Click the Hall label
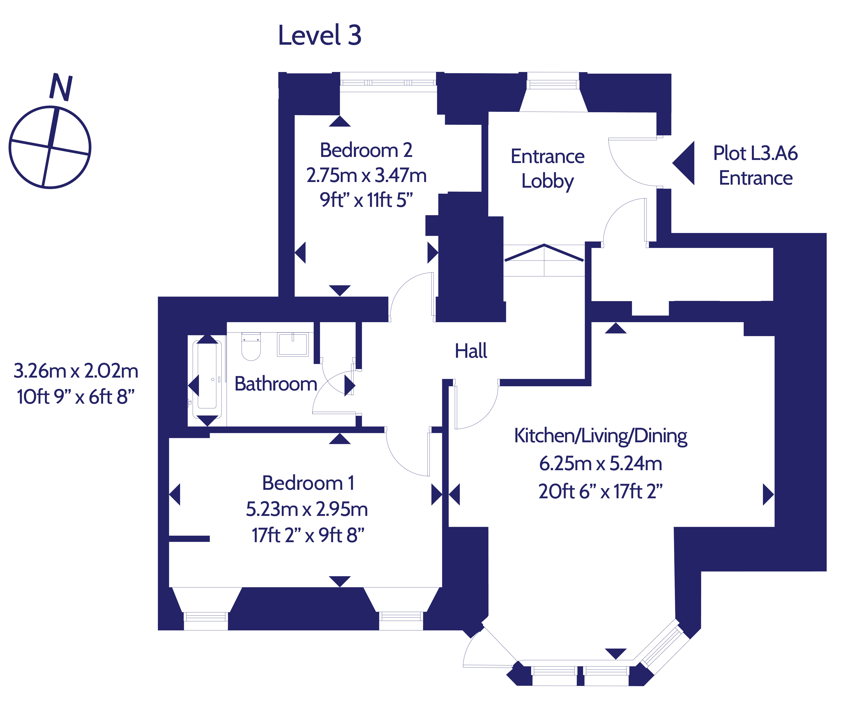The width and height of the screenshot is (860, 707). click(x=471, y=351)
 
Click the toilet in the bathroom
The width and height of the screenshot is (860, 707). click(x=251, y=347)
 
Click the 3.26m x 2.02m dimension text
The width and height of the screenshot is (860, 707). click(x=76, y=371)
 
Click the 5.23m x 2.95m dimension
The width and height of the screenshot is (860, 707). click(x=307, y=509)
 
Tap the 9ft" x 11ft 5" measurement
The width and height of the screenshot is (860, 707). click(x=366, y=200)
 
